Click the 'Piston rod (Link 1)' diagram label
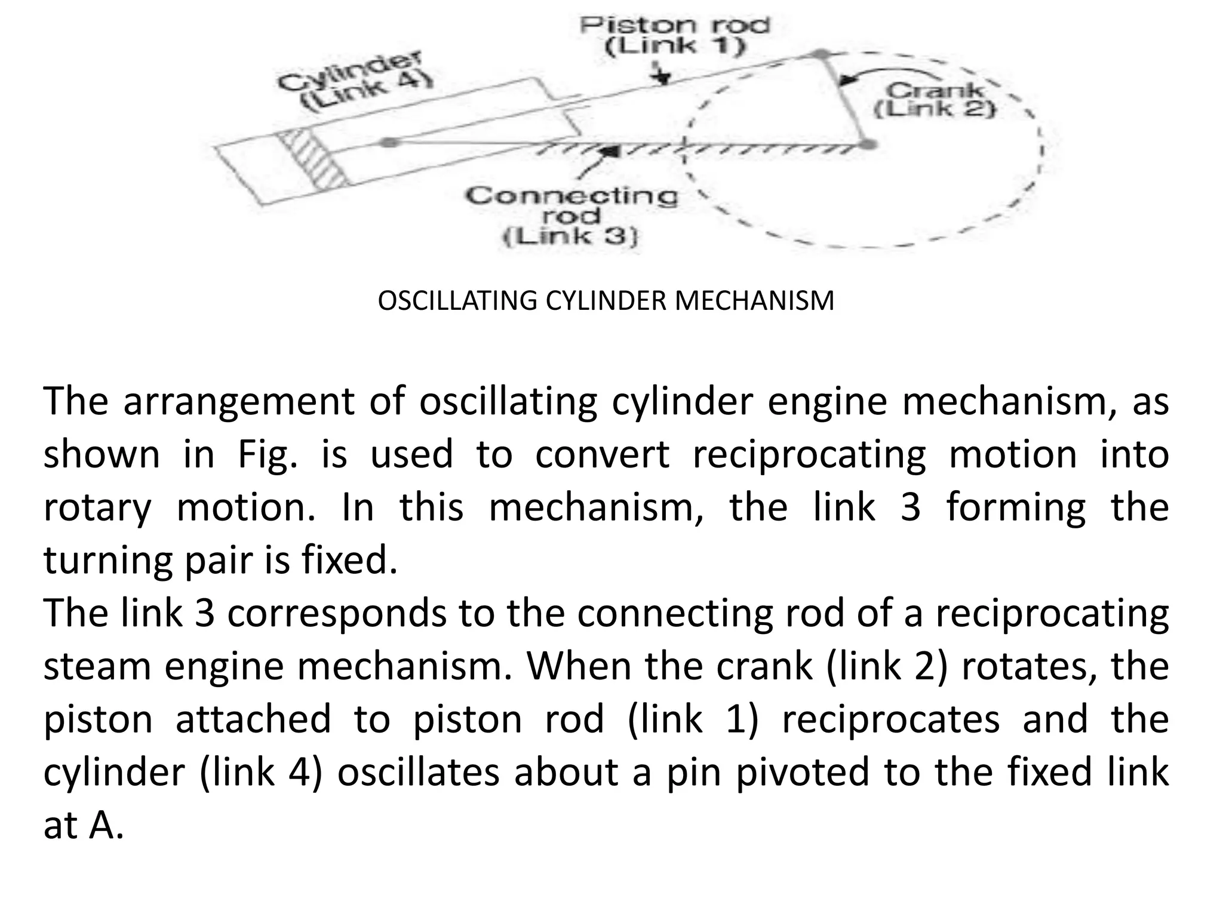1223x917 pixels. (675, 36)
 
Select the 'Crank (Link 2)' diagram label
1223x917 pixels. (935, 100)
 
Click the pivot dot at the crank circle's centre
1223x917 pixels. (869, 144)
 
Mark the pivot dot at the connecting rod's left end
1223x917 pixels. (389, 142)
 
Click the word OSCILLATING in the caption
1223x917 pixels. (457, 300)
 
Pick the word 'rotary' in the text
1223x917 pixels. (97, 508)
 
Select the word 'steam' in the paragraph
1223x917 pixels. (97, 666)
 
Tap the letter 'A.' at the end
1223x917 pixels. (106, 825)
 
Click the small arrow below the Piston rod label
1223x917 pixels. (662, 76)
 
